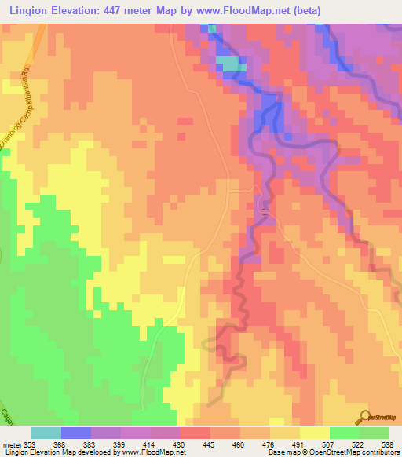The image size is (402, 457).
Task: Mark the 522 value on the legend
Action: tap(360, 444)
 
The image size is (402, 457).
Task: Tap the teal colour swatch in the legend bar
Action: tap(46, 433)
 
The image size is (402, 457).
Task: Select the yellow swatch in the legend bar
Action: tap(315, 433)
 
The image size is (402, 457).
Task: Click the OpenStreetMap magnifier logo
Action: tap(365, 416)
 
